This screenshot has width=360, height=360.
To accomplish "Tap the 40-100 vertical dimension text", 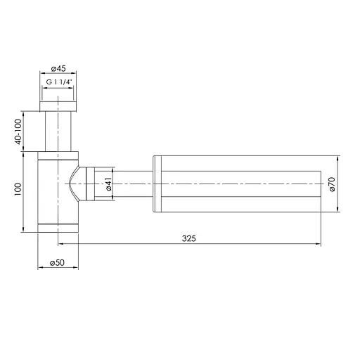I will (18, 131).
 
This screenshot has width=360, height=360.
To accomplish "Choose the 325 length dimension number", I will (188, 238).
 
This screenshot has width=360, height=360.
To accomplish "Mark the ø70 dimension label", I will (330, 184).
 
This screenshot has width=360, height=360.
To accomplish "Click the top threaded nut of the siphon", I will (59, 105).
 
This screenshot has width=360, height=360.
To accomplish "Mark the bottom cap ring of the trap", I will (59, 226).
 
